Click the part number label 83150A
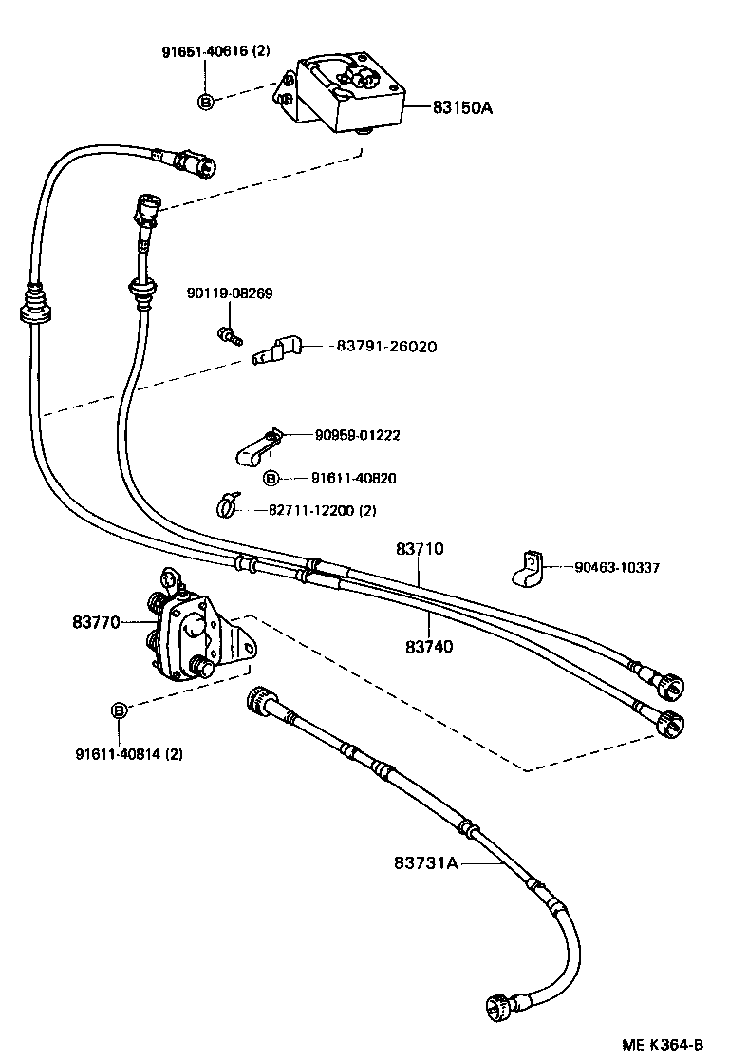coord(462,108)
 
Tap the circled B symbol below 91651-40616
coord(205,101)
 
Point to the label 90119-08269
coord(230,293)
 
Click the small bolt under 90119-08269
coord(228,334)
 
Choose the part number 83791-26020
coord(386,347)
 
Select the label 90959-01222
coord(357,435)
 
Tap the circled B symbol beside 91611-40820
coord(271,478)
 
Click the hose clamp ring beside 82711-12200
coord(229,507)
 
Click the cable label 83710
coord(420,548)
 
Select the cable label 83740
coord(429,646)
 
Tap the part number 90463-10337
coord(617,568)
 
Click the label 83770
coord(95,623)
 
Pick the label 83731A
coord(425,862)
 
